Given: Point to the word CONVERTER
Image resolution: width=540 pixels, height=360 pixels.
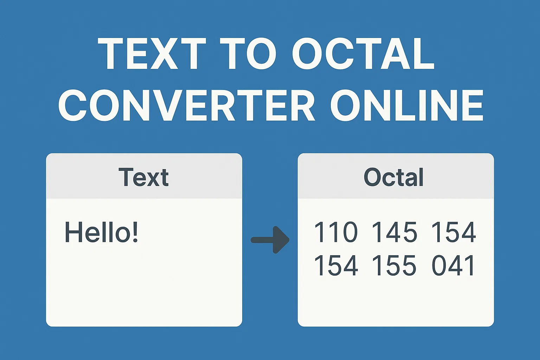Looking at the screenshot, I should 186,105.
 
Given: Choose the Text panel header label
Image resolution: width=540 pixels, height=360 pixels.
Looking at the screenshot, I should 143,177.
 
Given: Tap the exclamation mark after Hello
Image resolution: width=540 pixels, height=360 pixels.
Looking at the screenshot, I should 135,232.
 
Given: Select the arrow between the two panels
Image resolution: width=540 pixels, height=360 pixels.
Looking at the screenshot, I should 270,240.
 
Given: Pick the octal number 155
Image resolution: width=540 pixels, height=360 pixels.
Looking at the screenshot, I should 394,265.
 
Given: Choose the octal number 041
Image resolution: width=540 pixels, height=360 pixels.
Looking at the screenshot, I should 454,265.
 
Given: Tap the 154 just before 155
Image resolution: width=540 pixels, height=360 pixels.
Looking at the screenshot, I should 336,265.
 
